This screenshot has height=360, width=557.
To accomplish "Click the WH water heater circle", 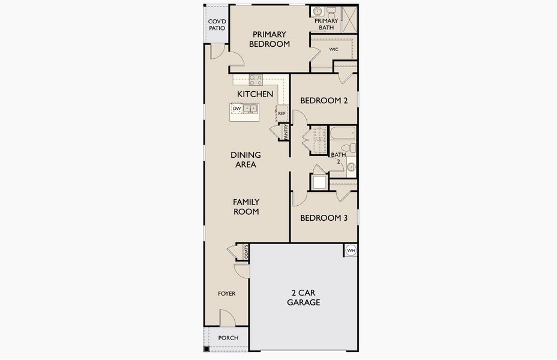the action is [x=351, y=250].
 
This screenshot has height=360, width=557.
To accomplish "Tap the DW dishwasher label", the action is [x=237, y=109].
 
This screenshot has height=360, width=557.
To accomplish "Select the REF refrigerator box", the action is [x=282, y=113].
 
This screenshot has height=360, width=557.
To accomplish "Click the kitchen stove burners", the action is [x=256, y=80].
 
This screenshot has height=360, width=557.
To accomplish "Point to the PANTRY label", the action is [x=286, y=131].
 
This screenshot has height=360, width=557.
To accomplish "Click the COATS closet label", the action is [x=246, y=252].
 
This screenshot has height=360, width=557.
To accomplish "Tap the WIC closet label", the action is [x=334, y=49].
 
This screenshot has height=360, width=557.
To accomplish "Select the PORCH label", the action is [x=229, y=338].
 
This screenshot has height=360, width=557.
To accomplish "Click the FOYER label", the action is [x=227, y=293].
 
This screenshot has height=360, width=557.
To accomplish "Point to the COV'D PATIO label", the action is [x=217, y=25].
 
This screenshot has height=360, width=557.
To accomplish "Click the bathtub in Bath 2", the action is [x=343, y=133].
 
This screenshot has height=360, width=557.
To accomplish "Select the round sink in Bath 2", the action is [x=351, y=167].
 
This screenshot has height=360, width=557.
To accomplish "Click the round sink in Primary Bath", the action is [x=317, y=11].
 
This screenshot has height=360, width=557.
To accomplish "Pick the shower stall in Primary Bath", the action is [x=349, y=20].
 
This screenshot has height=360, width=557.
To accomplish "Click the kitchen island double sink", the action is [x=251, y=108].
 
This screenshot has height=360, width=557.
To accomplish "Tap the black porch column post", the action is [x=206, y=349].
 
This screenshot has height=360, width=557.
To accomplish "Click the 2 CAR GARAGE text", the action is [x=304, y=298].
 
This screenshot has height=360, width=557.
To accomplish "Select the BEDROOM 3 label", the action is [x=324, y=218].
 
